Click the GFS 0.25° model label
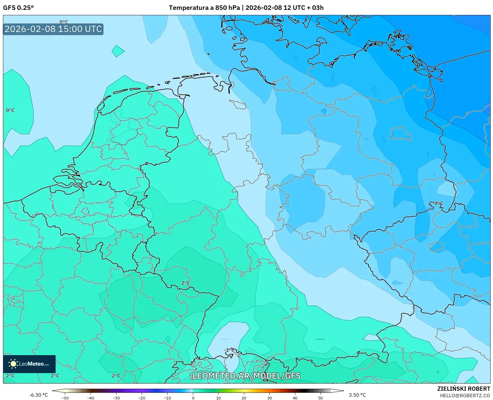[18, 8]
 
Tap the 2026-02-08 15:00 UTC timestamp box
[53, 29]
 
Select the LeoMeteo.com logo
[29, 364]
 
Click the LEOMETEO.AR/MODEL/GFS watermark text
[246, 376]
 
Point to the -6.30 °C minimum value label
[38, 395]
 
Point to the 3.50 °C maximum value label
[357, 395]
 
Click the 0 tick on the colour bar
[193, 398]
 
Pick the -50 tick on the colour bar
[65, 398]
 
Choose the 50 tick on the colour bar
[320, 398]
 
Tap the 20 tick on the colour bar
[244, 398]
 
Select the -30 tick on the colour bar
[116, 398]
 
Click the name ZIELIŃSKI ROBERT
[464, 389]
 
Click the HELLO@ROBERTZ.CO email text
[465, 395]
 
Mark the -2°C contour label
[438, 203]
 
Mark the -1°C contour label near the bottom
[229, 350]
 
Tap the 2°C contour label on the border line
[186, 283]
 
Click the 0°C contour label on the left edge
[10, 110]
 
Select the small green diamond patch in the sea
[118, 51]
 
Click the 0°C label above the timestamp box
[64, 22]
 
